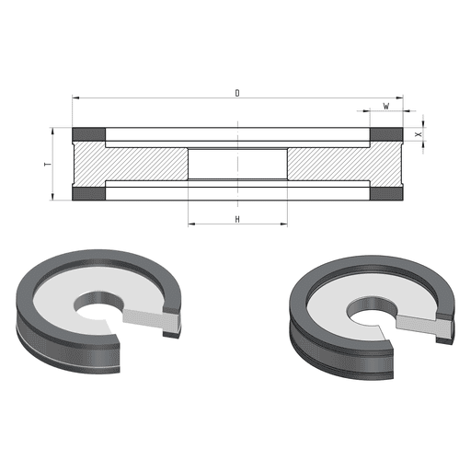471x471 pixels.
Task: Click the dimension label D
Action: pyautogui.click(x=237, y=93)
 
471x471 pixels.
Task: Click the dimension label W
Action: pyautogui.click(x=386, y=106)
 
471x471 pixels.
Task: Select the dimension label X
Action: pyautogui.click(x=418, y=134)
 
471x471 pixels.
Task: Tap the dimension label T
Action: pyautogui.click(x=48, y=165)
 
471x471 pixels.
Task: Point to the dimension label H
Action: pyautogui.click(x=237, y=219)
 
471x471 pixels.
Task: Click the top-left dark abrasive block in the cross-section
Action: pyautogui.click(x=89, y=134)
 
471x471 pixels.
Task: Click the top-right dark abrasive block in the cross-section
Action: pyautogui.click(x=386, y=134)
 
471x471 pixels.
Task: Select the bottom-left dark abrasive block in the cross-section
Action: pyautogui.click(x=89, y=193)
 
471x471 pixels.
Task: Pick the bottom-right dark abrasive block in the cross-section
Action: pyautogui.click(x=386, y=193)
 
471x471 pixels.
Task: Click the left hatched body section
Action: pyautogui.click(x=132, y=164)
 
